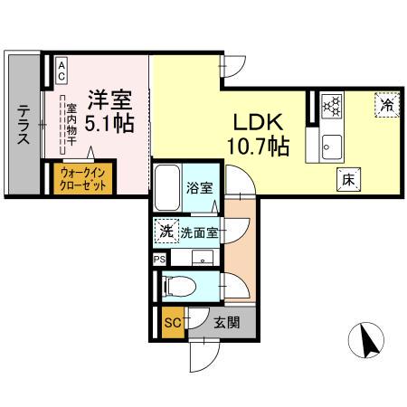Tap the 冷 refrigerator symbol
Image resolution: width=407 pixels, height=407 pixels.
click(386, 105)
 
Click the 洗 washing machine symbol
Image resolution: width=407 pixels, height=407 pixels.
click(164, 231)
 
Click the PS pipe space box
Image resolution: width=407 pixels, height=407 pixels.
click(159, 258)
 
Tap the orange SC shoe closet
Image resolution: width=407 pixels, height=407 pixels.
click(170, 322)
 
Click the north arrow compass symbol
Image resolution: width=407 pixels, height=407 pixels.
click(367, 341)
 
